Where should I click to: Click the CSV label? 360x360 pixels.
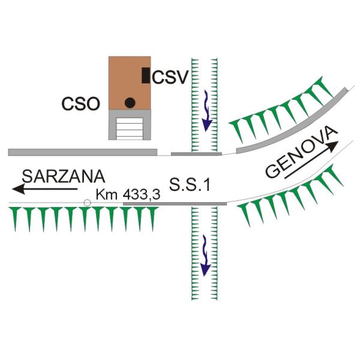tap(170, 77)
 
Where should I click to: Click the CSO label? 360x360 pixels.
tap(81, 104)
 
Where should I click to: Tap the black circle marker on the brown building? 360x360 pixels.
tap(130, 103)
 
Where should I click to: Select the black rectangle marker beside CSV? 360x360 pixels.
tap(146, 76)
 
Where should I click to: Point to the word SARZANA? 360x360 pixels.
tap(64, 176)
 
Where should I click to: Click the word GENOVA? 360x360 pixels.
tap(301, 152)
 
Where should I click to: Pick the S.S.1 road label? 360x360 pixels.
tap(190, 185)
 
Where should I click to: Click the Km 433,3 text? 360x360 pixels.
tap(128, 194)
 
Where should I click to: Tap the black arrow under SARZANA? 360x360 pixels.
tap(45, 189)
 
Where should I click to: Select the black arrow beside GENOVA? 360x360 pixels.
tap(311, 160)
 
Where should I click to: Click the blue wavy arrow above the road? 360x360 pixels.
tap(206, 110)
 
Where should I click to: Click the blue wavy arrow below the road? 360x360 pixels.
tap(206, 256)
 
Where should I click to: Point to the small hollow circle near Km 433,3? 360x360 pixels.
tap(87, 203)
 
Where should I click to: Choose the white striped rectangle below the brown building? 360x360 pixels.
tap(130, 128)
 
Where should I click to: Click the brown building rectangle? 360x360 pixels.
tap(130, 83)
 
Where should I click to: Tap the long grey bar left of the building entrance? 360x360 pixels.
tap(83, 152)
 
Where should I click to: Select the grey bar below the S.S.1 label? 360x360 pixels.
tap(175, 204)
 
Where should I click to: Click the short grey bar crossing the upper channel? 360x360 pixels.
tap(197, 154)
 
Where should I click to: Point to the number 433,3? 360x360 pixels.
tap(142, 195)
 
